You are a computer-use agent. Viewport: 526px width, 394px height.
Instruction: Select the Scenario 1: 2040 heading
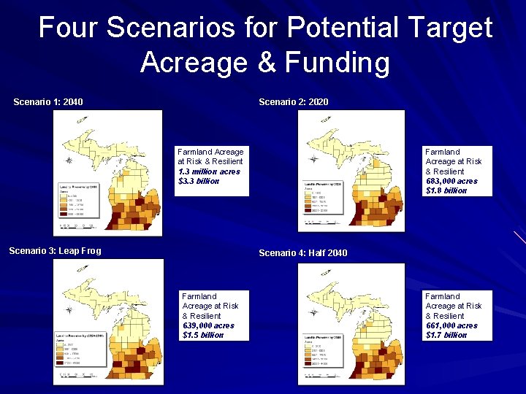click(x=48, y=101)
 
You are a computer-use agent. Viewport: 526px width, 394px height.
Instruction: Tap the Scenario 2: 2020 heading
click(x=293, y=101)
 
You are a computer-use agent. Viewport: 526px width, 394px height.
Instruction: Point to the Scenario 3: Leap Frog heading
click(x=55, y=251)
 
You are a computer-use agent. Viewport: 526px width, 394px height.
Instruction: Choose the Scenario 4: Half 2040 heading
click(x=303, y=252)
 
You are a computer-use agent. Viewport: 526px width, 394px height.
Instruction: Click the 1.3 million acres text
click(x=208, y=171)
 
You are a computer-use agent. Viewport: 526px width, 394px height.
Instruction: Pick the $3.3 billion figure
click(x=198, y=181)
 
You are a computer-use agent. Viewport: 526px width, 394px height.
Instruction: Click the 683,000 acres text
click(x=451, y=181)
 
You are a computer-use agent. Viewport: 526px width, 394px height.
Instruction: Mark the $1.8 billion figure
click(x=446, y=190)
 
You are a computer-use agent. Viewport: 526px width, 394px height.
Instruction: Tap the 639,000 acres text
click(x=208, y=325)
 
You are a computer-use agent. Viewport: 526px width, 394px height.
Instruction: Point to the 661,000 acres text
click(x=451, y=325)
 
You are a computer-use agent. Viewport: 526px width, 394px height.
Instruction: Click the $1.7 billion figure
click(x=446, y=335)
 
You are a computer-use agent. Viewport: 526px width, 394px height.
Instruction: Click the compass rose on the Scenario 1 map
click(x=68, y=160)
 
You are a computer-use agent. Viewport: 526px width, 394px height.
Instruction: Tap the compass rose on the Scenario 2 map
click(x=313, y=159)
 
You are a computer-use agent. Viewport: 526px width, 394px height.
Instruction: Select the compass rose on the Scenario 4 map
click(x=313, y=312)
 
